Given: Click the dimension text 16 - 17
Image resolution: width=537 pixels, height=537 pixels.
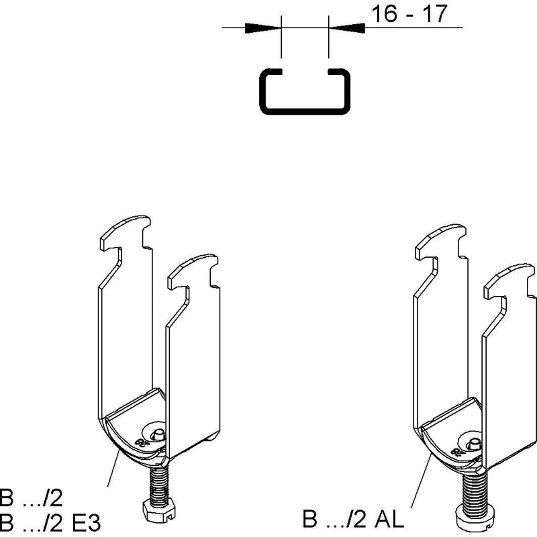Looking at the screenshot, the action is (x=409, y=14).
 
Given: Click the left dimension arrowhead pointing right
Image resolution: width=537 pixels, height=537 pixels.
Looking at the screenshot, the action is (x=262, y=28).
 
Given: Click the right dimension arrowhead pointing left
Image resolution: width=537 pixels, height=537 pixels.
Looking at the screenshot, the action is (x=347, y=28).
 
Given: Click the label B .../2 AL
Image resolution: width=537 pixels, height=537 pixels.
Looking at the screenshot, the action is (x=353, y=518).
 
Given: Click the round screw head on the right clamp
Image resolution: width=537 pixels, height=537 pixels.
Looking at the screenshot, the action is (x=474, y=516).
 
